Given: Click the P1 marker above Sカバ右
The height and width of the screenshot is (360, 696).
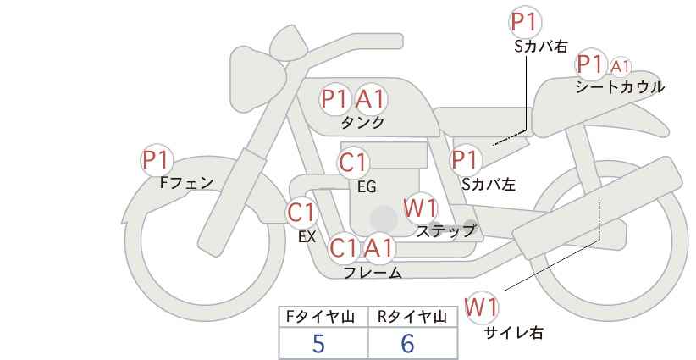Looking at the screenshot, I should click(525, 22).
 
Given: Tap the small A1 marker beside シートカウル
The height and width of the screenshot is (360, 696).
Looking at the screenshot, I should click(620, 65).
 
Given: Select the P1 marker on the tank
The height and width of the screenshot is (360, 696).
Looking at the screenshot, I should click(335, 99).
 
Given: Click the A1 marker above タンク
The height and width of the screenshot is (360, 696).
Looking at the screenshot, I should click(369, 99).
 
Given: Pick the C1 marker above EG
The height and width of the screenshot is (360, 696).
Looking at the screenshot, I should click(353, 163).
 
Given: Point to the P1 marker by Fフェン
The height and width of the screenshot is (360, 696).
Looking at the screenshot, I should click(156, 159).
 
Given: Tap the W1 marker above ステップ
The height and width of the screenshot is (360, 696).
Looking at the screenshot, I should click(420, 208).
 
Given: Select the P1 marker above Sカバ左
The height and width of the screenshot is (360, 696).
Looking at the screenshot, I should click(466, 159).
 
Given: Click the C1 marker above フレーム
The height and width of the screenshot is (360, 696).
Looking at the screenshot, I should click(344, 248).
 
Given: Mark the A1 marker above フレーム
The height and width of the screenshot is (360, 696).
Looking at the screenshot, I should click(378, 248).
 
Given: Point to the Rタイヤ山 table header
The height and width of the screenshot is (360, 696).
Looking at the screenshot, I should click(411, 317).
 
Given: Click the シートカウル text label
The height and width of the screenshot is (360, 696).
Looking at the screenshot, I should click(619, 86).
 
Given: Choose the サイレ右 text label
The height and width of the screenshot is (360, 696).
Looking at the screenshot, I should click(513, 332).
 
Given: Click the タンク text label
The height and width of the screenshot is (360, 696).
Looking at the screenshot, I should click(362, 122).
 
